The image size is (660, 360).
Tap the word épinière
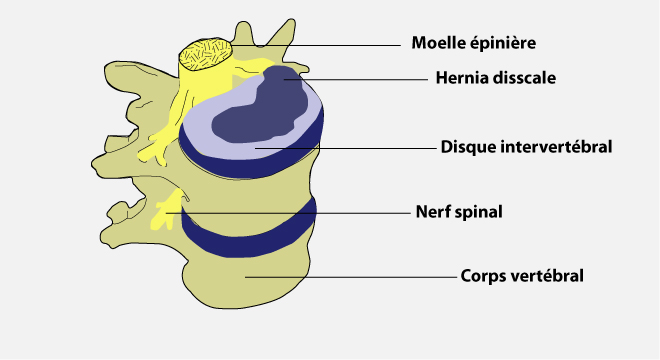click(x=503, y=43)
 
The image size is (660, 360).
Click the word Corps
click(x=483, y=277)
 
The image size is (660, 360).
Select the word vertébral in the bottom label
click(x=547, y=276)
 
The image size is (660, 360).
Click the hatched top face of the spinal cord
click(x=206, y=54)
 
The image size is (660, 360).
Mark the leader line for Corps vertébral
click(x=351, y=277)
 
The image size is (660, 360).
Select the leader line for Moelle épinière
click(x=316, y=45)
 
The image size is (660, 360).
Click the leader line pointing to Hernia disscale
click(x=356, y=79)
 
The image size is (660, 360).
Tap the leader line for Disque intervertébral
click(x=346, y=148)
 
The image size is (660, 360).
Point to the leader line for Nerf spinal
click(x=288, y=213)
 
